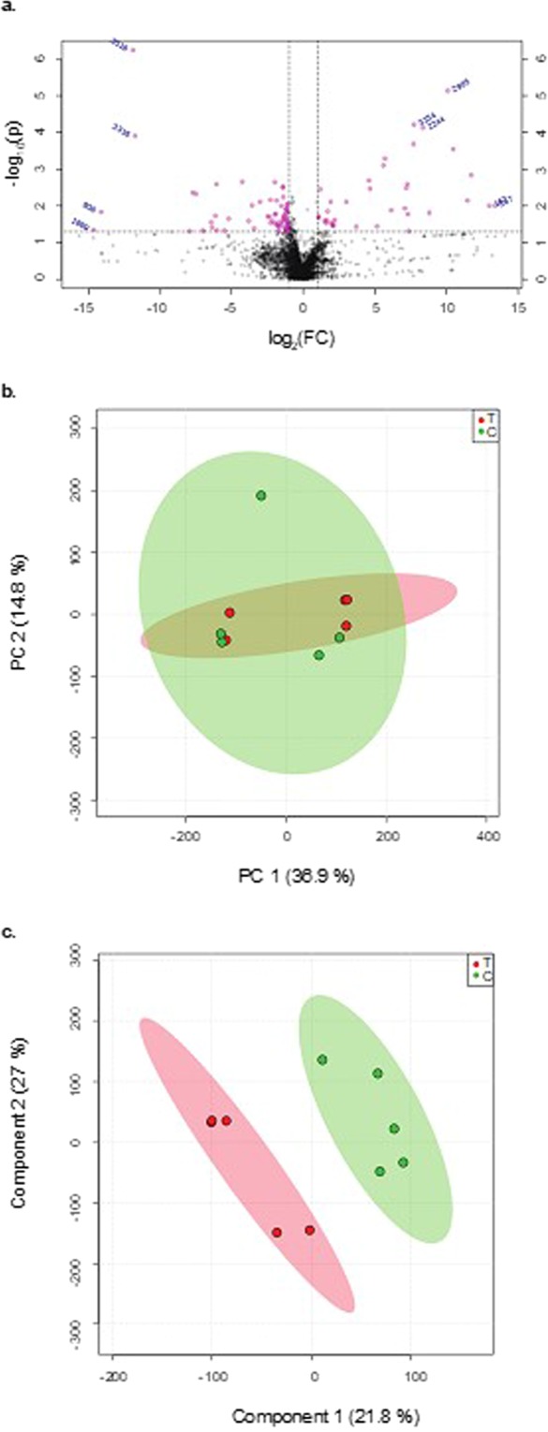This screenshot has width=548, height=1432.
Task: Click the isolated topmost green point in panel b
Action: pyautogui.click(x=261, y=495)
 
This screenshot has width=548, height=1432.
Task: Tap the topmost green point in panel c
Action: pyautogui.click(x=322, y=1059)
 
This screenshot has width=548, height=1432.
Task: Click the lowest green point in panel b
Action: pyautogui.click(x=318, y=655)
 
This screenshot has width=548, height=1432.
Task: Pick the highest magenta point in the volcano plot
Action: pyautogui.click(x=133, y=50)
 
